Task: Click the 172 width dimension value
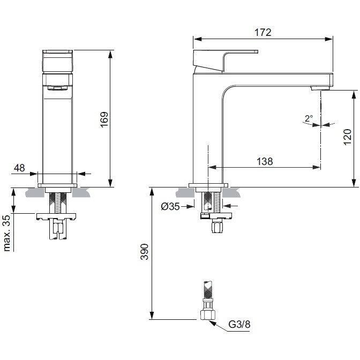point(263,32)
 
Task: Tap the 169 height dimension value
point(104,119)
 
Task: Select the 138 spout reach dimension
point(265,161)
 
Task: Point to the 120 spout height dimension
point(347,137)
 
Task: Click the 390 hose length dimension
point(145,252)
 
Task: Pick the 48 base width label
point(19,168)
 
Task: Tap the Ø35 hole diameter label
point(170,206)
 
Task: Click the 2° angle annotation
point(309,118)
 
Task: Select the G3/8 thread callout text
point(239,325)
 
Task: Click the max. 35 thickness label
point(7,233)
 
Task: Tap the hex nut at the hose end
point(208,315)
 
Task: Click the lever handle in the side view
point(226,61)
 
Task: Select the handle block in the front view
point(58,61)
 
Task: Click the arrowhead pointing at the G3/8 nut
point(212,323)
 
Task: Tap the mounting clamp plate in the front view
point(56,216)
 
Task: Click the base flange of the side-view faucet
point(208,185)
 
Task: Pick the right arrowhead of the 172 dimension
point(329,39)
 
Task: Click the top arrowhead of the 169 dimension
point(110,54)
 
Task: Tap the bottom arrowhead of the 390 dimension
point(152,315)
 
